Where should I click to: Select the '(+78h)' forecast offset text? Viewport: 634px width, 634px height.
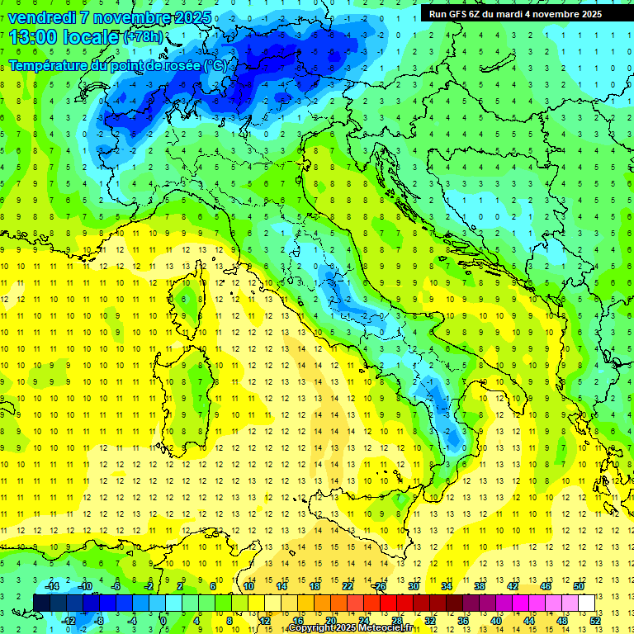(x=142, y=37)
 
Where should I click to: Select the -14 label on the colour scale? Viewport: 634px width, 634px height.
(x=51, y=585)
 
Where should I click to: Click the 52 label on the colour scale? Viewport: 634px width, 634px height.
(x=595, y=620)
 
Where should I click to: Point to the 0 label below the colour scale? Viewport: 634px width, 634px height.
(x=163, y=620)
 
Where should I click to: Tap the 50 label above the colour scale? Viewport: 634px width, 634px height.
(x=578, y=585)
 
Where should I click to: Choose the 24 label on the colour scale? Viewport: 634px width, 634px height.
(x=363, y=620)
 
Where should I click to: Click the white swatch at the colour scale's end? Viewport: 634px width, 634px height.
(x=586, y=603)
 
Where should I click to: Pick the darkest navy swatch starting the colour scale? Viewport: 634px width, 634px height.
(x=42, y=603)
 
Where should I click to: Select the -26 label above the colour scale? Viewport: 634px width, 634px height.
(x=379, y=585)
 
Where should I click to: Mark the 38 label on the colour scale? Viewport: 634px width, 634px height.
(x=479, y=585)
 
